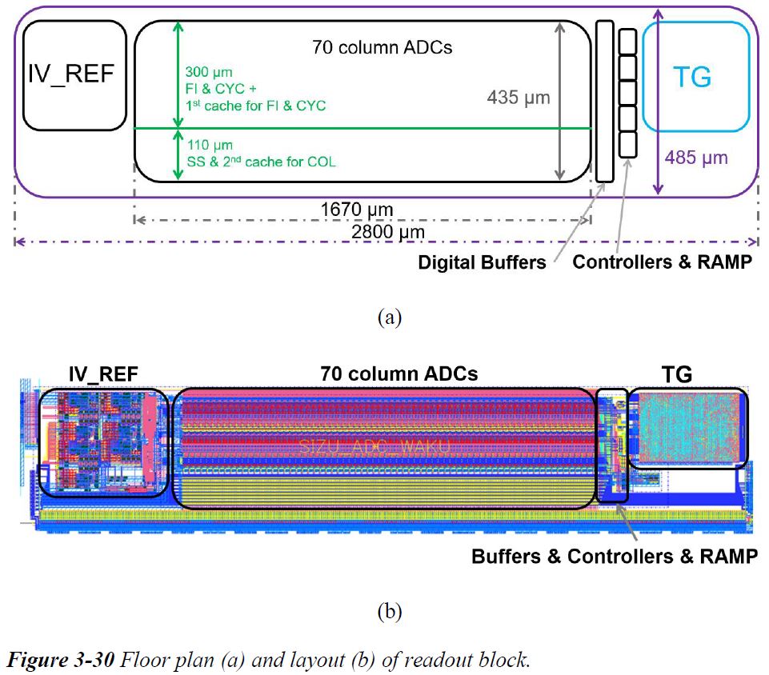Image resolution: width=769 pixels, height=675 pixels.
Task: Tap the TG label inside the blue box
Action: tap(691, 78)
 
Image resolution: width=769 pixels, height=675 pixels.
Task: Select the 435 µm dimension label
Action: tap(519, 98)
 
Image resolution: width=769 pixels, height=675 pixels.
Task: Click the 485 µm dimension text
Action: tap(696, 157)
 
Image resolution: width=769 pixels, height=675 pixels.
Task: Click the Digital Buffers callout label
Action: tap(482, 262)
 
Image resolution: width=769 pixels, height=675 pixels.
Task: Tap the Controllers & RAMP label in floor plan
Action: tap(663, 262)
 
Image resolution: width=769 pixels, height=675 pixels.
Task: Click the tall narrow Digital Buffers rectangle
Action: tap(604, 101)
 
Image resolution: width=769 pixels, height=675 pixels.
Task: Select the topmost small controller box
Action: tap(628, 41)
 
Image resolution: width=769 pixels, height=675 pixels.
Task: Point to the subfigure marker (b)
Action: tap(388, 613)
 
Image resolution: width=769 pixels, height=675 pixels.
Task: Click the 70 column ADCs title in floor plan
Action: tap(382, 47)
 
